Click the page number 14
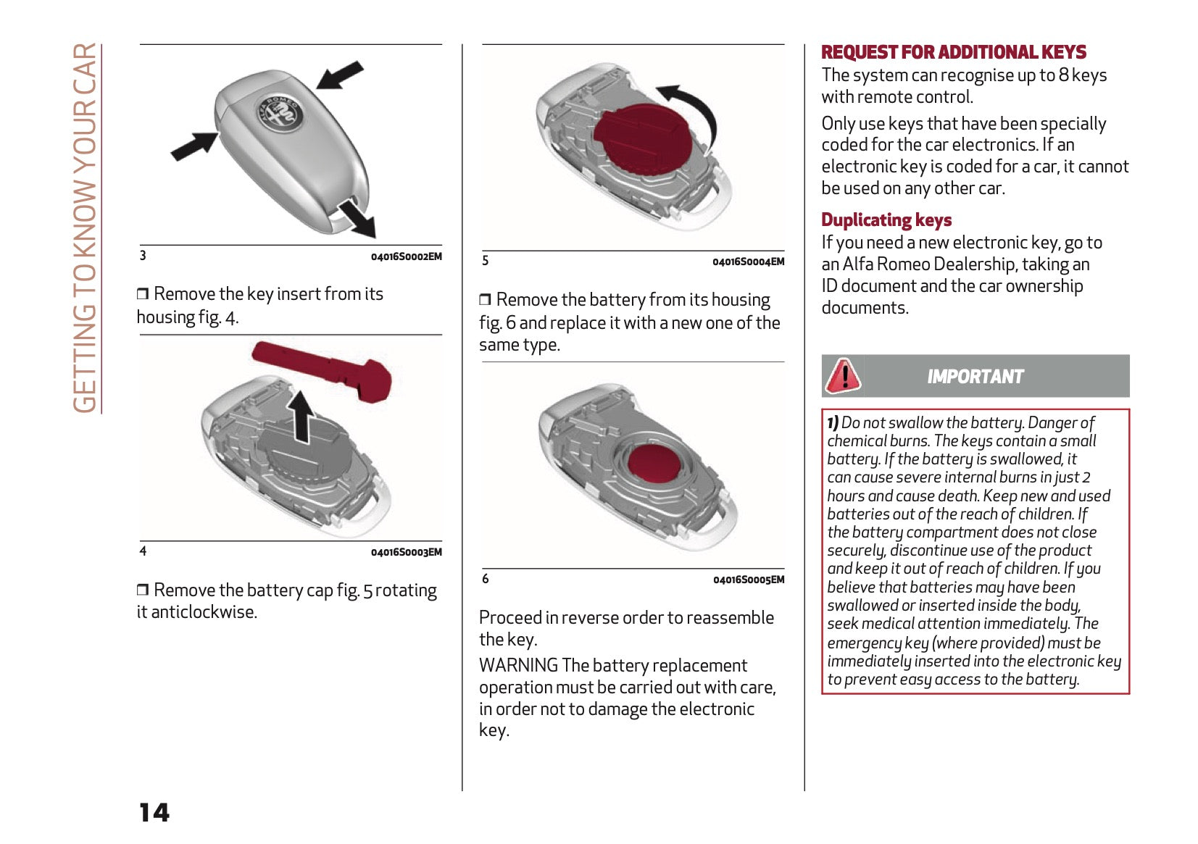(x=154, y=812)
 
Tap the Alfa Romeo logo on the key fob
(x=279, y=114)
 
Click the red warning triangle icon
(x=843, y=375)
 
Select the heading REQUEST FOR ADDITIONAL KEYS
(x=953, y=52)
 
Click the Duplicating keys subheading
(x=886, y=220)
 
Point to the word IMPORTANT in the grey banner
(x=975, y=377)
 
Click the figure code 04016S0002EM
(x=406, y=256)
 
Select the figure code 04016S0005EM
(x=748, y=580)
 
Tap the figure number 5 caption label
(x=486, y=261)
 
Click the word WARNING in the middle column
(x=518, y=665)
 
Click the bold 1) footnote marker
(x=833, y=422)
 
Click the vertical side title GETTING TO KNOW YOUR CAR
(x=86, y=228)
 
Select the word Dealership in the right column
(x=975, y=264)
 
